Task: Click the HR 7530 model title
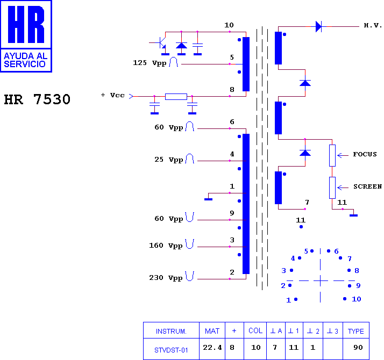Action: pyautogui.click(x=37, y=99)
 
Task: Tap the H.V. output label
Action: pyautogui.click(x=373, y=25)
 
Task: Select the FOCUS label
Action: pyautogui.click(x=365, y=154)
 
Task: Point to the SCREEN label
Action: pyautogui.click(x=367, y=186)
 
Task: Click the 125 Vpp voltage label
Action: pyautogui.click(x=150, y=63)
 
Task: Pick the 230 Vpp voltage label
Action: pyautogui.click(x=166, y=278)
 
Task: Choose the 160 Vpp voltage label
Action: pyautogui.click(x=166, y=246)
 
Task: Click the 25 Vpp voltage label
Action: pyautogui.click(x=169, y=160)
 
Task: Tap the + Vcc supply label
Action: pyautogui.click(x=112, y=95)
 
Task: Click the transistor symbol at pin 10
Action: pyautogui.click(x=161, y=43)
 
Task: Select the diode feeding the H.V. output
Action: pyautogui.click(x=318, y=26)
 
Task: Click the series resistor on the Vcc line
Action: pyautogui.click(x=176, y=96)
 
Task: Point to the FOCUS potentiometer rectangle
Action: pyautogui.click(x=332, y=155)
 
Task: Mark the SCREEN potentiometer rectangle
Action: pyautogui.click(x=332, y=188)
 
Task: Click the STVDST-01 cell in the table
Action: pyautogui.click(x=171, y=350)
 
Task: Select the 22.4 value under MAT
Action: pyautogui.click(x=212, y=347)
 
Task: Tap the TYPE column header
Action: pyautogui.click(x=356, y=331)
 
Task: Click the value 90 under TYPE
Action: pyautogui.click(x=358, y=347)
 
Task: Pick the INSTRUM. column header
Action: pyautogui.click(x=171, y=332)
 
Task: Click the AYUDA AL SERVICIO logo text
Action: pyautogui.click(x=25, y=60)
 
